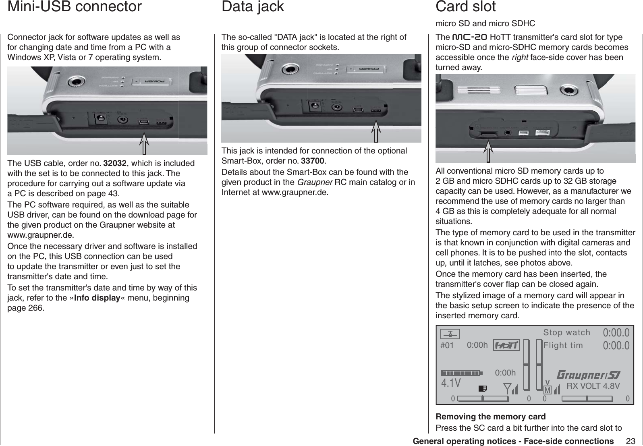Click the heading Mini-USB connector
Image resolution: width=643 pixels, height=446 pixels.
(x=75, y=7)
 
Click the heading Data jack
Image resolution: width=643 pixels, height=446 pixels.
(x=253, y=7)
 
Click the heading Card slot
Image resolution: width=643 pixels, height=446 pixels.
(x=465, y=7)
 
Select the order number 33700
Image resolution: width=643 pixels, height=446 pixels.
(x=313, y=161)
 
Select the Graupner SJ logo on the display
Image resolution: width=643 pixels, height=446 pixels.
(x=588, y=375)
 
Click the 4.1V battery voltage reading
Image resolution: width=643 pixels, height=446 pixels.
(x=451, y=382)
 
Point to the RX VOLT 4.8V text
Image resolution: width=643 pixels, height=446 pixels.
(x=593, y=386)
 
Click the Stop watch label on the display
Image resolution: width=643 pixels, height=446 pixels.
(x=566, y=332)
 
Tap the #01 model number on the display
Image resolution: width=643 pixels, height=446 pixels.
(x=447, y=346)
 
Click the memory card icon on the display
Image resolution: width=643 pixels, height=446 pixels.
(x=482, y=388)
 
